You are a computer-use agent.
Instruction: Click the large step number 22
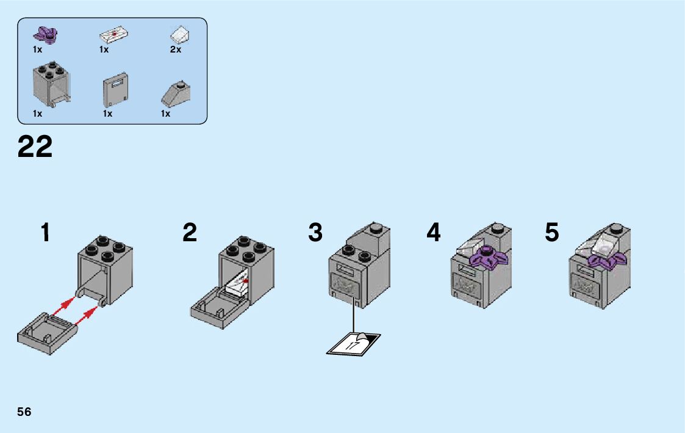[35, 147]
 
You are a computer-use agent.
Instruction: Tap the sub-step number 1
[45, 233]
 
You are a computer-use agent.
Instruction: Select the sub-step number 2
[190, 233]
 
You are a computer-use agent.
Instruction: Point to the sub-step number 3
[315, 233]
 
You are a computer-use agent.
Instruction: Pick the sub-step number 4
[433, 233]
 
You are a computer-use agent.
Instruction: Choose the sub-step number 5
[551, 233]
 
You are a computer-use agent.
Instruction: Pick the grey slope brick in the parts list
[174, 92]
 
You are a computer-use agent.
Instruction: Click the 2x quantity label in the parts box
[176, 50]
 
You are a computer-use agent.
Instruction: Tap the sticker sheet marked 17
[354, 343]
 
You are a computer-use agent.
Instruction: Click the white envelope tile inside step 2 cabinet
[238, 284]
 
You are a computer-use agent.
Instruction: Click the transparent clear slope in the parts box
[181, 34]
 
